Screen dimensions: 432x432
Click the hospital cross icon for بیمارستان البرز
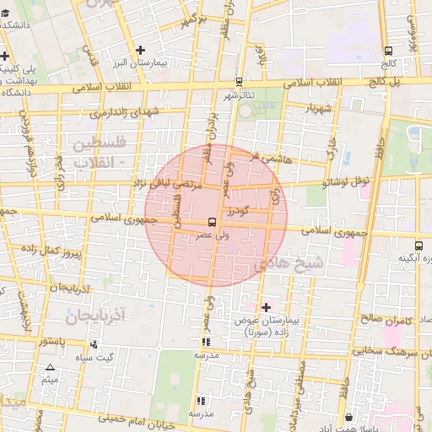click(141, 50)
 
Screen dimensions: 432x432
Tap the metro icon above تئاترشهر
click(240, 82)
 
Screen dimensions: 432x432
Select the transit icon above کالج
click(387, 51)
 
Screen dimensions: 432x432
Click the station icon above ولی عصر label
click(211, 223)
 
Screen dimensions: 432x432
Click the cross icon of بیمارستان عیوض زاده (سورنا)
click(267, 307)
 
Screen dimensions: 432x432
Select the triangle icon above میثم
click(51, 368)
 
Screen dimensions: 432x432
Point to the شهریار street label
click(327, 108)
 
